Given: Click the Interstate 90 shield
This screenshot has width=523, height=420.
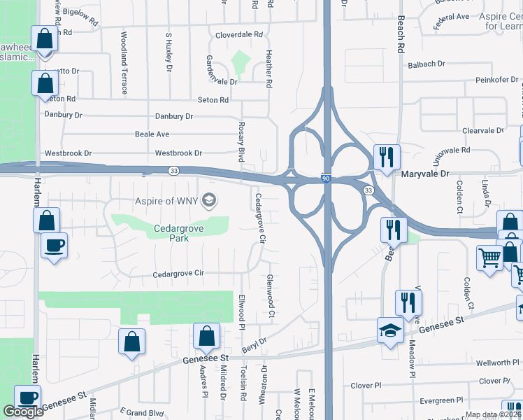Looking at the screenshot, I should coord(326,179).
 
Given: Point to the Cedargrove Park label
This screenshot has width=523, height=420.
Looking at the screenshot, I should coord(171,233).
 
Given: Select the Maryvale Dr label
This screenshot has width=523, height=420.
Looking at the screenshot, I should coord(424,173).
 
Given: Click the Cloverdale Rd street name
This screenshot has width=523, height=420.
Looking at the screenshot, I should coord(238,34).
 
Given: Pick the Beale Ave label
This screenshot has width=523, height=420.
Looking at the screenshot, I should coord(152,134).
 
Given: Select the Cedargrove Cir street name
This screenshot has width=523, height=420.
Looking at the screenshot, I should coord(178,274).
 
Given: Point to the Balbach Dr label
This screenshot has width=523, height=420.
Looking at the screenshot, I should coord(426,64).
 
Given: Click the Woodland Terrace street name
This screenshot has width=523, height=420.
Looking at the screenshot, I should coord(124,63).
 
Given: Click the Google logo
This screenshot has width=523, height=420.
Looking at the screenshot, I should coord(23,412).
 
